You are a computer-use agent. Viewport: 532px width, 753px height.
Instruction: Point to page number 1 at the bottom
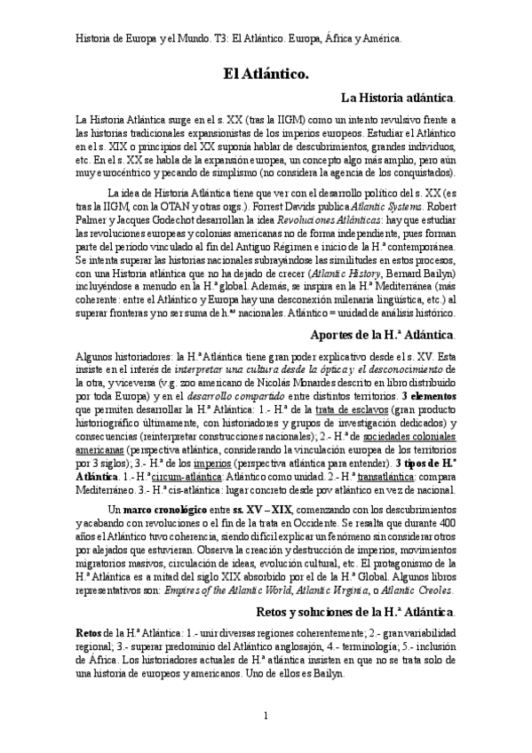coord(266,716)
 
